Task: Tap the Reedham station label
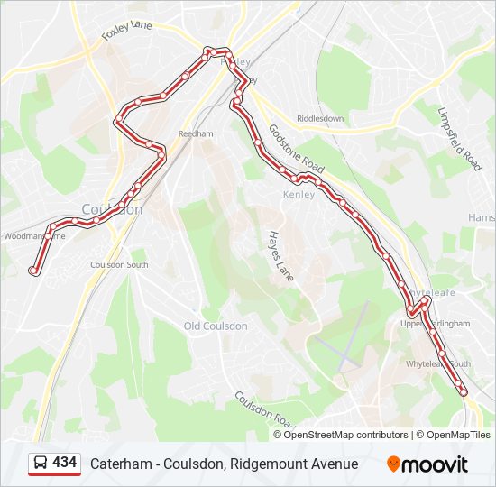[195, 133]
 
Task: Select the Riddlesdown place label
[320, 118]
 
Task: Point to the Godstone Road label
[296, 150]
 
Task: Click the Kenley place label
[299, 194]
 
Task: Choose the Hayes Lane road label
[280, 255]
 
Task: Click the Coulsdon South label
[119, 265]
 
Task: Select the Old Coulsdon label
[216, 326]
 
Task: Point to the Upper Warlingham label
[436, 323]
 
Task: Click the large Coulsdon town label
[112, 209]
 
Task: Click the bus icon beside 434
[41, 464]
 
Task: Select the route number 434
[65, 463]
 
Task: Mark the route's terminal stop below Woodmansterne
[33, 270]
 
